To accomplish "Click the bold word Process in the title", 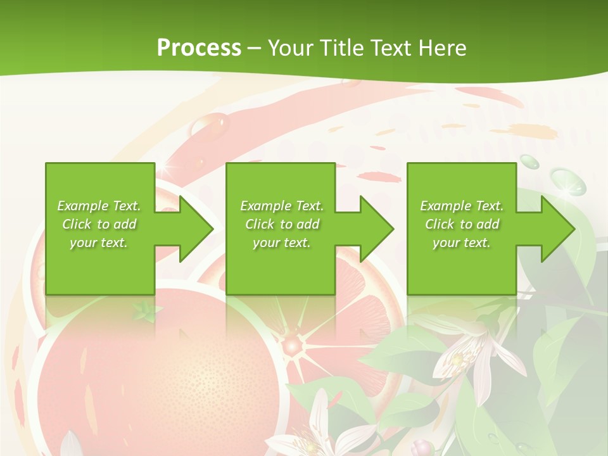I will [199, 47].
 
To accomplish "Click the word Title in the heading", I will [343, 47].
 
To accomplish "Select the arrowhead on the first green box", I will [190, 229].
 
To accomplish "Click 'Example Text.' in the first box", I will [99, 206].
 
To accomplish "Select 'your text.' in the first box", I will [99, 243].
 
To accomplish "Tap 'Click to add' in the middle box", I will [282, 224].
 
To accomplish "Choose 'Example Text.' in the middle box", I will [282, 206].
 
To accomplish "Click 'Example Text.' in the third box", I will [462, 206].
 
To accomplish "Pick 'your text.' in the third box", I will [462, 243].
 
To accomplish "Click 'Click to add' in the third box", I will [462, 224].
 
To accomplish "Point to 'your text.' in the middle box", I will [282, 243].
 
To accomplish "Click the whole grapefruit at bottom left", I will [158, 380].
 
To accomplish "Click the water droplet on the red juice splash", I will [215, 123].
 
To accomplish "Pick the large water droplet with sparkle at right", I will [567, 180].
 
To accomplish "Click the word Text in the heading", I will [390, 47].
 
